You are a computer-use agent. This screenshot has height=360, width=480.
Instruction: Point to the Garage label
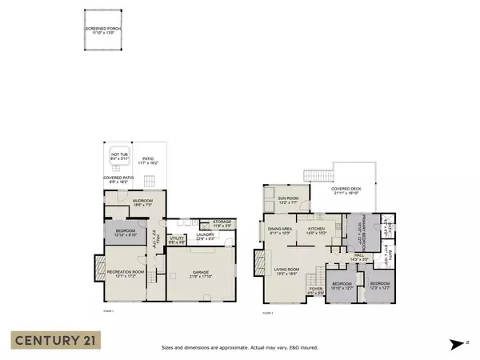(x=200, y=274)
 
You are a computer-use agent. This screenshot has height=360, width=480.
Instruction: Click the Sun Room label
(x=288, y=201)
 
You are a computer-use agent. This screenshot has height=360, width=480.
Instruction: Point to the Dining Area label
(x=280, y=231)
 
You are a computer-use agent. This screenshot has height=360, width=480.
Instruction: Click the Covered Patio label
(x=118, y=181)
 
